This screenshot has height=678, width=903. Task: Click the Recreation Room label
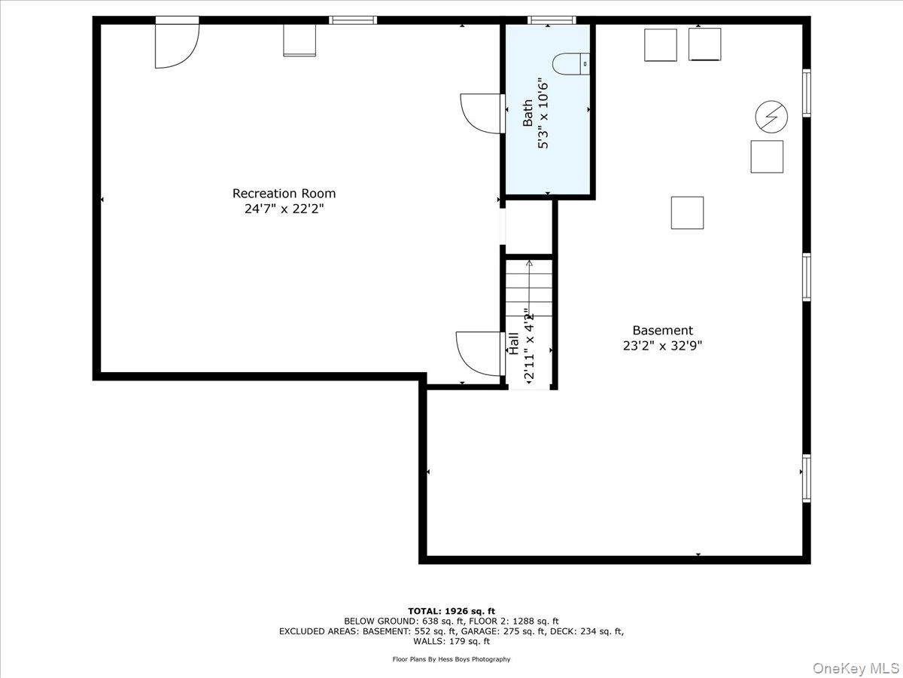(x=284, y=194)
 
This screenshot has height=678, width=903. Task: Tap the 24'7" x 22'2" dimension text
(x=284, y=209)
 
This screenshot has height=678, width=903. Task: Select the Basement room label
(x=662, y=330)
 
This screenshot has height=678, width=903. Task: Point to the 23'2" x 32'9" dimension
(x=662, y=346)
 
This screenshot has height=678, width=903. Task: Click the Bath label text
(x=528, y=113)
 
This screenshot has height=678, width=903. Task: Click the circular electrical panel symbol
(x=771, y=117)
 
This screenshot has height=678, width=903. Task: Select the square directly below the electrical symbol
(x=767, y=157)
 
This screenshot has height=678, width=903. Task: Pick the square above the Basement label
(x=687, y=212)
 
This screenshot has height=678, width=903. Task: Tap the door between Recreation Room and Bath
(x=482, y=114)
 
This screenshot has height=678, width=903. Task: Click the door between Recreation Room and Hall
(x=479, y=353)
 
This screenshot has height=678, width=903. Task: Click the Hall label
(x=514, y=344)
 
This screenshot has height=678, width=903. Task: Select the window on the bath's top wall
(x=551, y=20)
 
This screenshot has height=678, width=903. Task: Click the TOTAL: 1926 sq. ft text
(x=451, y=610)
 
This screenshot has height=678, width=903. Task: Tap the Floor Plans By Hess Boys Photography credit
(x=451, y=659)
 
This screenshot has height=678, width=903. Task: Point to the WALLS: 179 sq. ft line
(x=451, y=642)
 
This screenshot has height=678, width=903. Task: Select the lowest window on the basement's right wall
(x=806, y=478)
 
